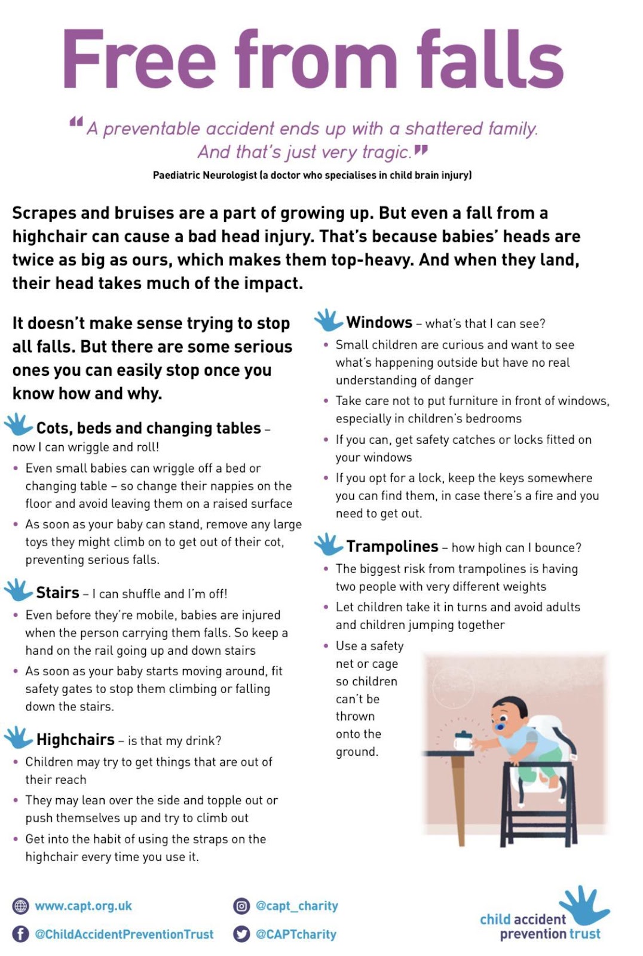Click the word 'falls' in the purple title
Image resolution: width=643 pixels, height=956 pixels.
tap(489, 60)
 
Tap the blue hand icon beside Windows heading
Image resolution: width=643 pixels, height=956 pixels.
tap(328, 321)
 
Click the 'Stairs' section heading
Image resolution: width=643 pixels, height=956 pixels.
tap(57, 592)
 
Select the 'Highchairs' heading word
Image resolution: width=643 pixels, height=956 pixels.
tap(75, 739)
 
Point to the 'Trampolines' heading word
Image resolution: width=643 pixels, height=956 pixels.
tap(392, 546)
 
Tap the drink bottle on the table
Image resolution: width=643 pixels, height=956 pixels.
tap(463, 741)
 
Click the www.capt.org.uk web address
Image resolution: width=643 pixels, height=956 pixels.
tap(83, 906)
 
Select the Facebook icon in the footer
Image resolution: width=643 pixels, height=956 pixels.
tap(20, 934)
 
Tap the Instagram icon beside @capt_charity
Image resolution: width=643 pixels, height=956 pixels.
tap(241, 906)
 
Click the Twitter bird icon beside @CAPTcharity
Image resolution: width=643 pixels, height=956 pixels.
tap(241, 934)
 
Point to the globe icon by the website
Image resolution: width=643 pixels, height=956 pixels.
tap(20, 906)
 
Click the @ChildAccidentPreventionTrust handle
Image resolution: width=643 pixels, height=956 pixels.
tap(124, 934)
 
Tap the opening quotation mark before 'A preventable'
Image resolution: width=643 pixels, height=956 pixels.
tap(76, 122)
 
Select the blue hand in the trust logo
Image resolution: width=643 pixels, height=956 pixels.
tap(583, 904)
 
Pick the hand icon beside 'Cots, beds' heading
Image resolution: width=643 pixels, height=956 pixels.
tap(18, 424)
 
